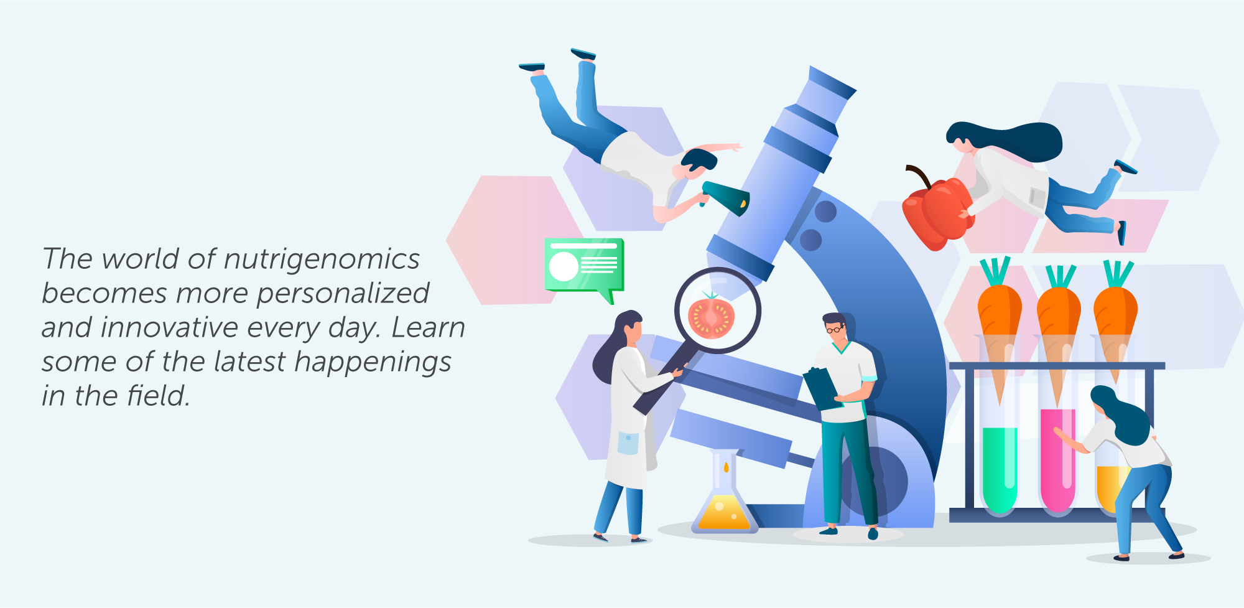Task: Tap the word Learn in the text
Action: pyautogui.click(x=429, y=327)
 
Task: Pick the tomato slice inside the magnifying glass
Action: pyautogui.click(x=712, y=317)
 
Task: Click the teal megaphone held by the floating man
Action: pyautogui.click(x=726, y=197)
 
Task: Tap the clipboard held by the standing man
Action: pyautogui.click(x=822, y=389)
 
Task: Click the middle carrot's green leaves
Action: pyautogui.click(x=1061, y=276)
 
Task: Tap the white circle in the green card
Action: pyautogui.click(x=564, y=266)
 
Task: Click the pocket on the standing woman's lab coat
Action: pyautogui.click(x=628, y=443)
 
